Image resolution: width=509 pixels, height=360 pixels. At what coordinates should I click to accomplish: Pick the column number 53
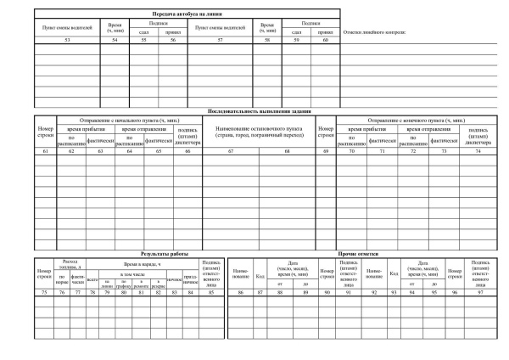tap(67, 40)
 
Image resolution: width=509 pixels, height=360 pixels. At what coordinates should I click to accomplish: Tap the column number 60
tap(325, 40)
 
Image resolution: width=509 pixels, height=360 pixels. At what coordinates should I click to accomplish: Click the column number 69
tap(325, 150)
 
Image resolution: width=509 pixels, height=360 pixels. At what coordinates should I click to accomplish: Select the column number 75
tap(44, 291)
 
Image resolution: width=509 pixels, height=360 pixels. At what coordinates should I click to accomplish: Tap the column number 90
tap(325, 291)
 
